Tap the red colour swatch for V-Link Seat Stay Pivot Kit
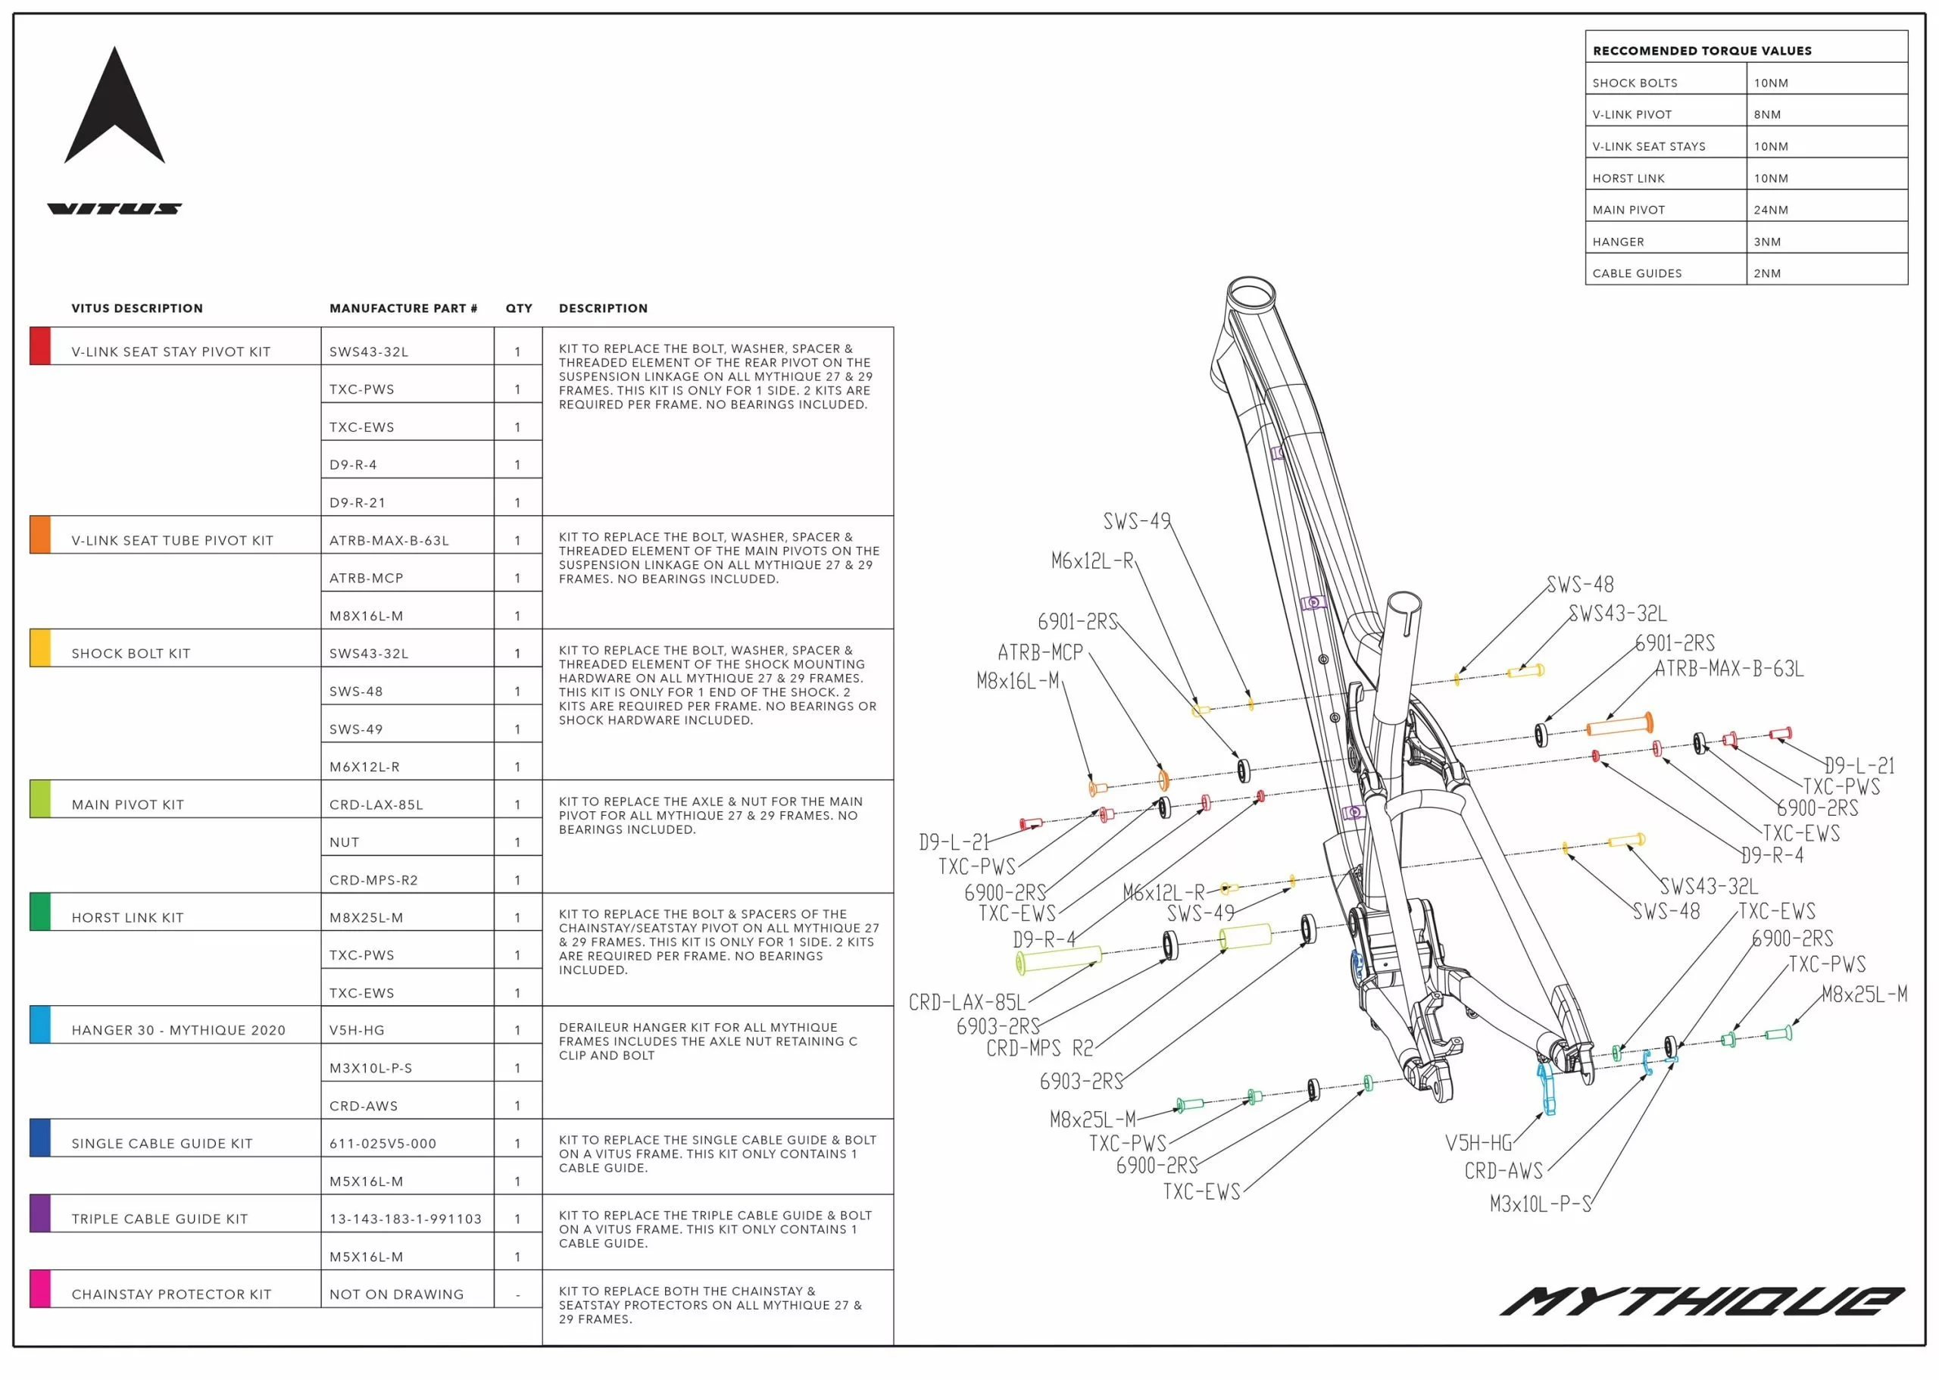40,346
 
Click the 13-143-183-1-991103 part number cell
405,1219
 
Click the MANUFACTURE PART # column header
403,308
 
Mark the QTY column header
518,308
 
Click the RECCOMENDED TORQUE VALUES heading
1702,51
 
